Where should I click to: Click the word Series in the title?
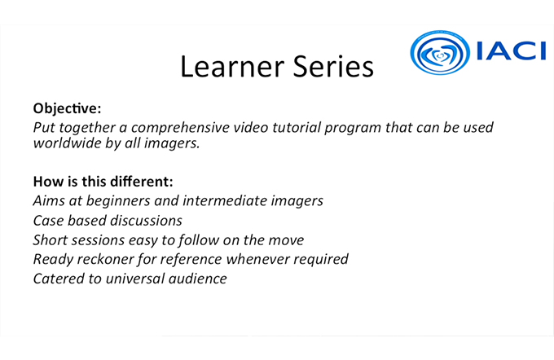[333, 66]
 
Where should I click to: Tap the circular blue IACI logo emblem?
[440, 52]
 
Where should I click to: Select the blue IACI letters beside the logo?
[511, 51]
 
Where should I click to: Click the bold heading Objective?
[67, 108]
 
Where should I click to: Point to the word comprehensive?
[180, 128]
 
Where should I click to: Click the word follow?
[198, 240]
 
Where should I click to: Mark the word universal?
[135, 279]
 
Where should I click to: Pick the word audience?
[197, 279]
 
